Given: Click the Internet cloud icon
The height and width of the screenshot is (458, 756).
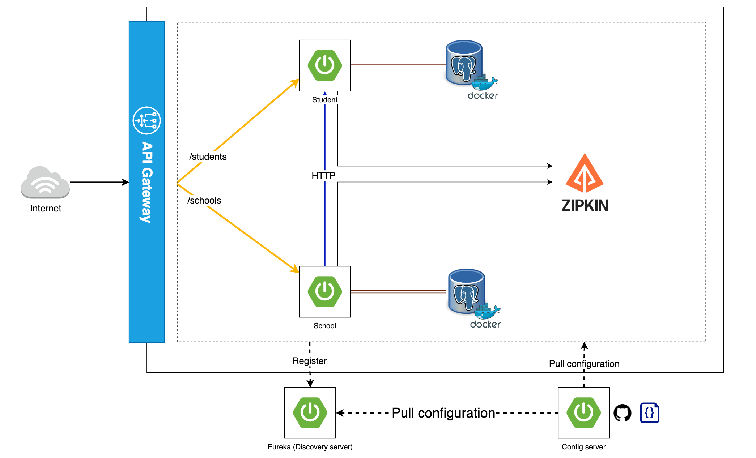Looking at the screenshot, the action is coord(45,183).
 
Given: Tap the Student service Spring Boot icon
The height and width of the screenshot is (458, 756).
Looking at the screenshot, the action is coord(325,65).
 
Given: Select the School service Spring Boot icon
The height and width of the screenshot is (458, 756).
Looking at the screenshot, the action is coord(325,292).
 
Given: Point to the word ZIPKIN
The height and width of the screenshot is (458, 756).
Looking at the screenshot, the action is coord(585,205).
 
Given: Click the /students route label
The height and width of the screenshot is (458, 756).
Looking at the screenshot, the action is coord(208,157).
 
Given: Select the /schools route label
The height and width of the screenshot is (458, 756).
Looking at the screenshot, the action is coord(204,200).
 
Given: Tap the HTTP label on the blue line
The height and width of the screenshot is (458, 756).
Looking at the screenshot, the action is coord(324,176).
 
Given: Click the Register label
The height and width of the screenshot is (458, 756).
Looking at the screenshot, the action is coord(310,361).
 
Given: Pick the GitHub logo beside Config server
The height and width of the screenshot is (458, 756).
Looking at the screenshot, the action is coord(623,413).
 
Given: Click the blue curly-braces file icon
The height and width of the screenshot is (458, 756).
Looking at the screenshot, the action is coord(650,412).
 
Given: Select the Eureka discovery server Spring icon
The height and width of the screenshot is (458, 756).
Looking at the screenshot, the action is coord(310,413).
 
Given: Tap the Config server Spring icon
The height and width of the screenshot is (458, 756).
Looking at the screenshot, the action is coord(584,413).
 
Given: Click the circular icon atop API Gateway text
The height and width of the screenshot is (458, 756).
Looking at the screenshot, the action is coord(147,120).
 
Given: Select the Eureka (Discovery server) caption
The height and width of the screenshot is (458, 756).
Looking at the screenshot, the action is coord(310,447).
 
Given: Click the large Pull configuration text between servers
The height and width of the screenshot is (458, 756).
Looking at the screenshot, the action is coord(443,413).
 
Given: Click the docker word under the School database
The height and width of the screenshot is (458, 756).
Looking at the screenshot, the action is coord(485,324).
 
